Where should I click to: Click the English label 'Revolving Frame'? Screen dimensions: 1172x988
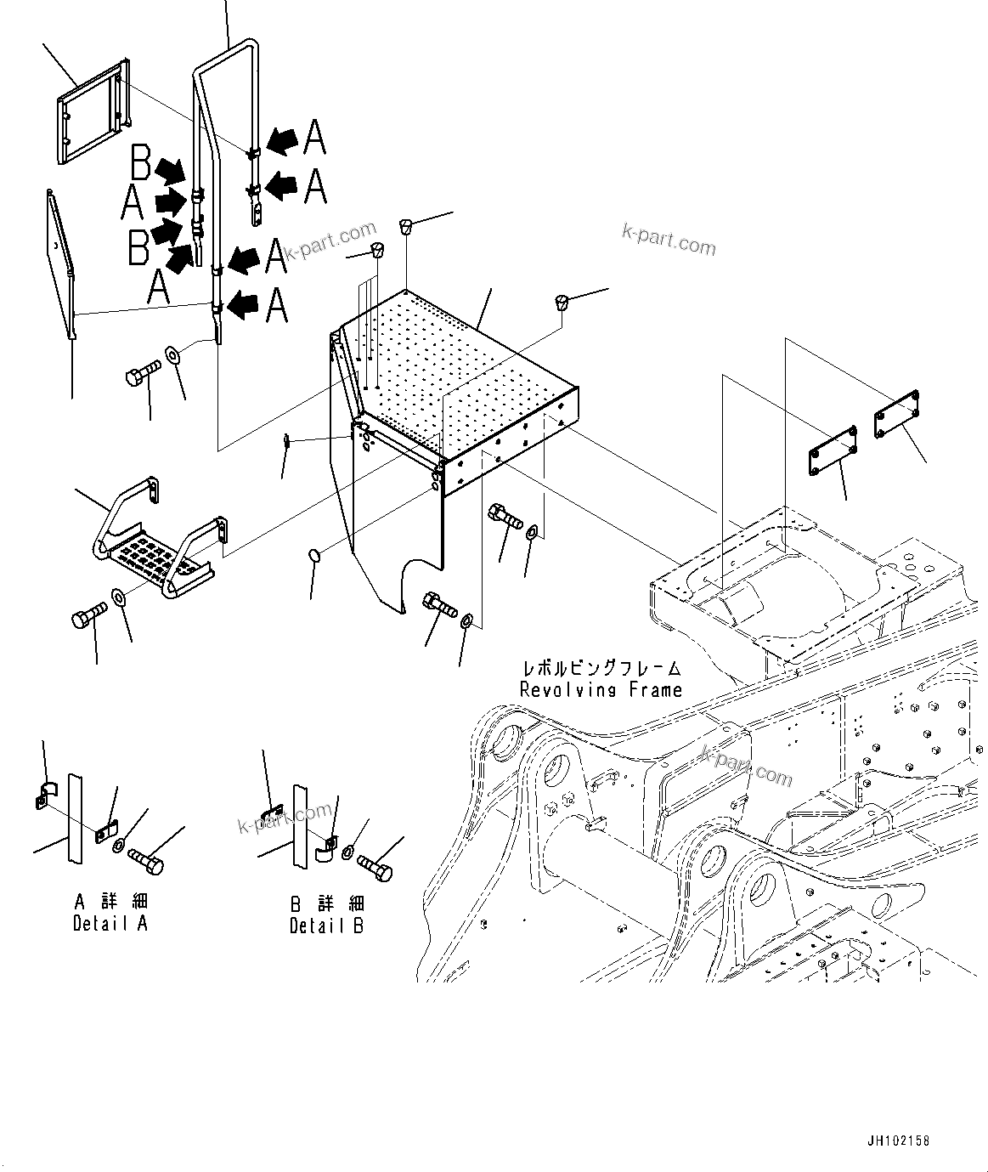point(601,690)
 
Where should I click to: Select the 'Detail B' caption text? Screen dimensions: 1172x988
point(326,926)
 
